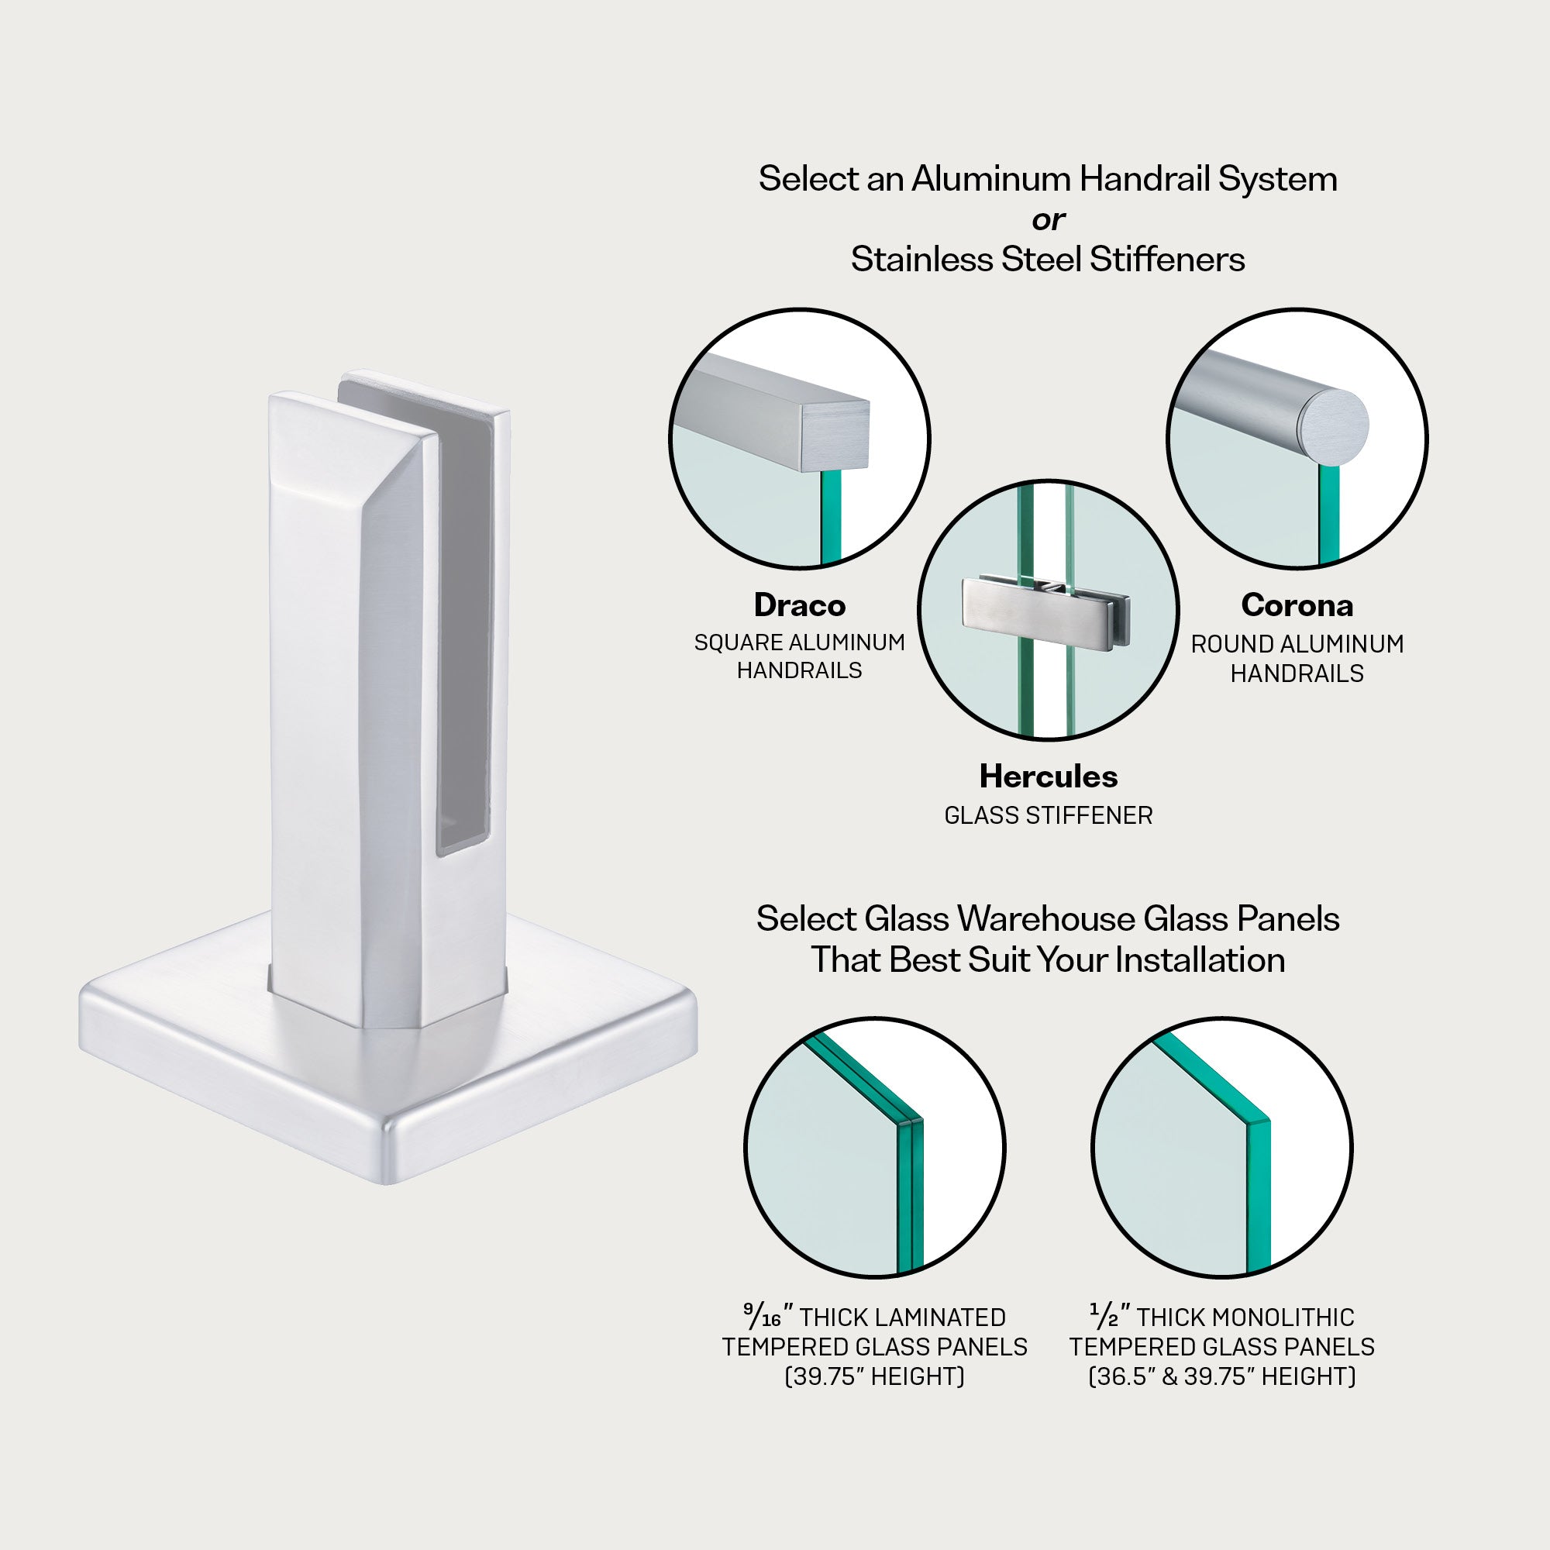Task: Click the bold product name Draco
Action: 799,606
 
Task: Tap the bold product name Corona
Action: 1297,606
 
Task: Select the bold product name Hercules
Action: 1048,777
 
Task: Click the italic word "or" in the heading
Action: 1048,219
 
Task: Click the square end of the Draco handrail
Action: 835,436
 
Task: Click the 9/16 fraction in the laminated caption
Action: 761,1317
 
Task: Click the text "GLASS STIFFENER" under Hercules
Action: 1048,816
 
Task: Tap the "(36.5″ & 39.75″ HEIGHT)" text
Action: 1221,1376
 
